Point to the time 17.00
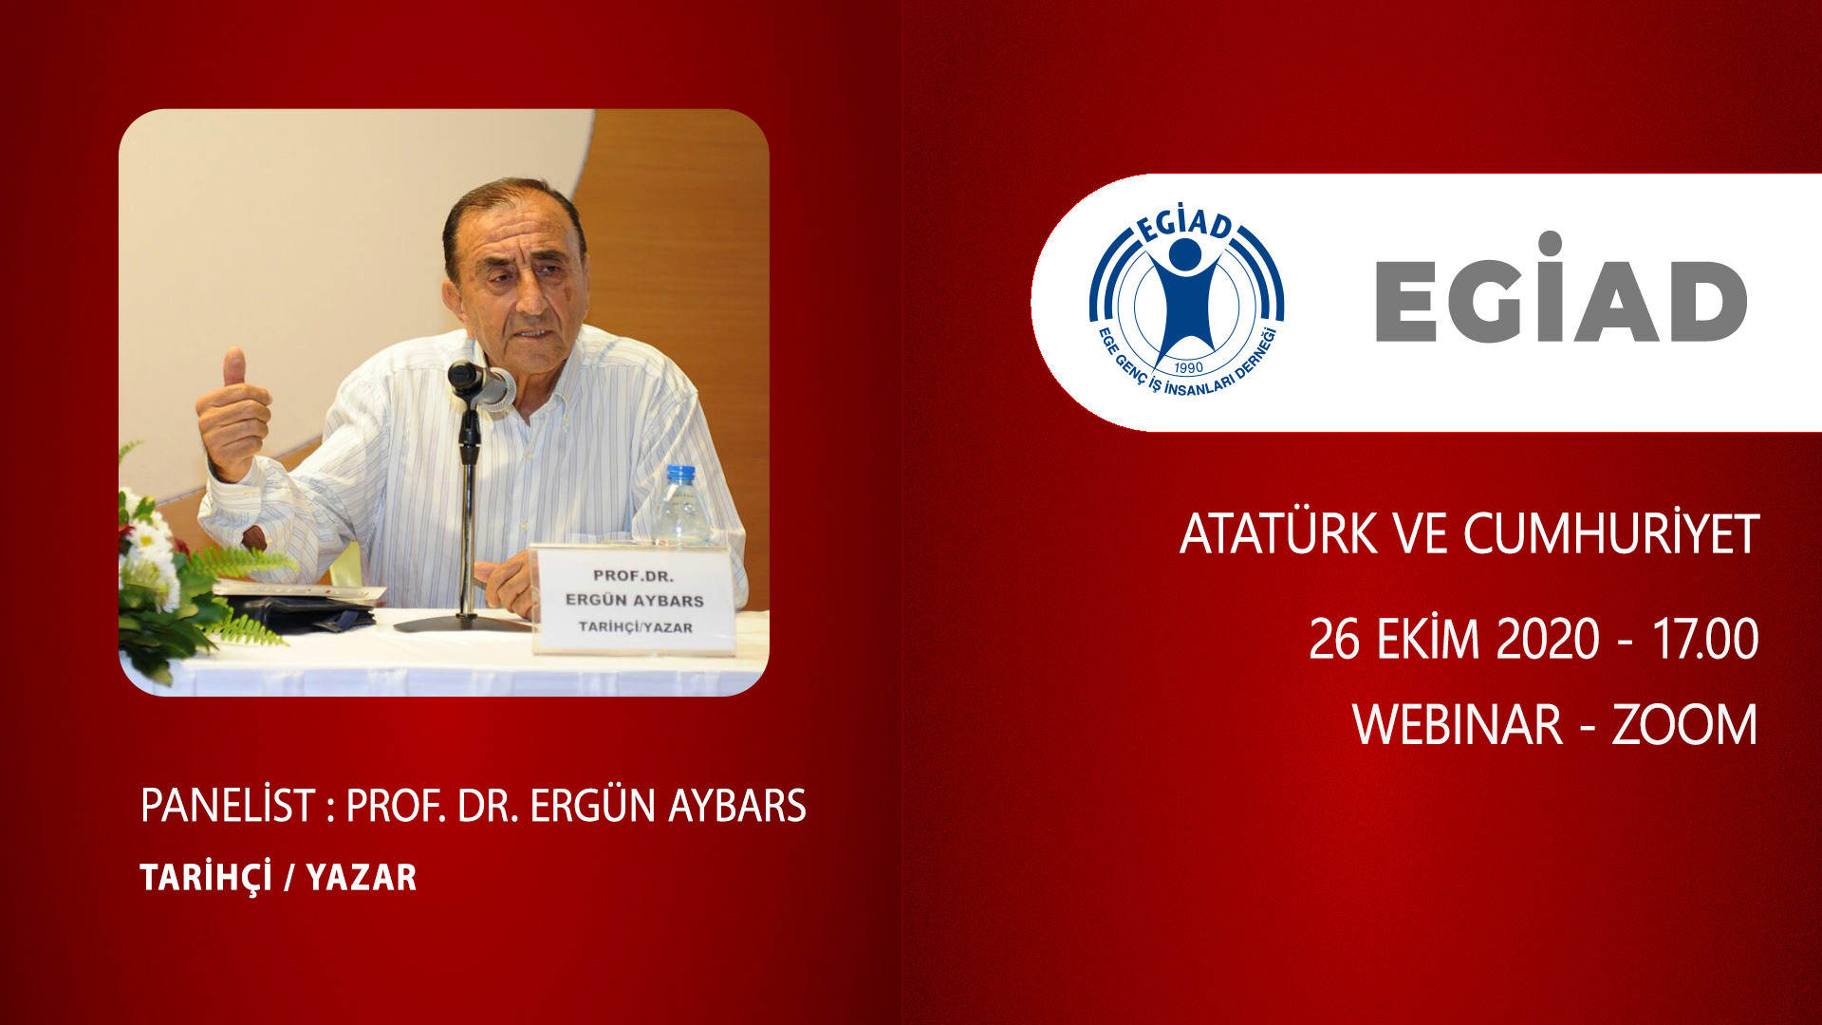[x=1705, y=639]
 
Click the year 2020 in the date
[x=1548, y=639]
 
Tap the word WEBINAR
[x=1458, y=725]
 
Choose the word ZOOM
[x=1685, y=725]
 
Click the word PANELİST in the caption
[x=228, y=805]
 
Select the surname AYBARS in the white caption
[x=737, y=806]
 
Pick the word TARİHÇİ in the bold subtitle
[x=206, y=877]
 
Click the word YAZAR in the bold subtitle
[x=362, y=877]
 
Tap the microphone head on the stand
[x=480, y=382]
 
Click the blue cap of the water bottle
[x=680, y=473]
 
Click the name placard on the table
[x=634, y=600]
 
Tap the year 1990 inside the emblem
[x=1188, y=367]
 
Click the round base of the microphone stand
[x=462, y=623]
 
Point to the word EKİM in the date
[x=1428, y=638]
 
